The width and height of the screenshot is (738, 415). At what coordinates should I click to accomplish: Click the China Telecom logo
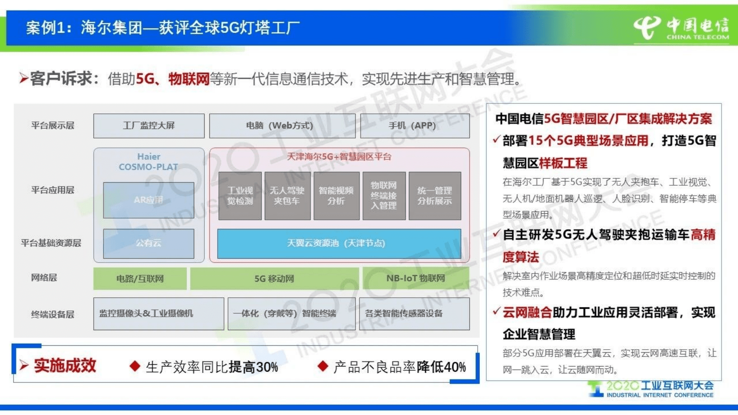tap(681, 28)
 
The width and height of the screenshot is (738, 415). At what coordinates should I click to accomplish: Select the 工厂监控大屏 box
tap(149, 126)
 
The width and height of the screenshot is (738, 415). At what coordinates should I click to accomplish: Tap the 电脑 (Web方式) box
tap(282, 126)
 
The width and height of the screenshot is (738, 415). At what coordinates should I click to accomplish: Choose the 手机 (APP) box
tap(414, 126)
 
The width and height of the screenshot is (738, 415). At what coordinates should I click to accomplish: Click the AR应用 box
tap(148, 200)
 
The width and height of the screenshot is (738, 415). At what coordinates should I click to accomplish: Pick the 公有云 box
tap(148, 243)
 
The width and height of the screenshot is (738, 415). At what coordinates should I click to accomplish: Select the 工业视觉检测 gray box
tap(240, 196)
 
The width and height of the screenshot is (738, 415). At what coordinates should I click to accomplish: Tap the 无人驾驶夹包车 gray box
tap(287, 196)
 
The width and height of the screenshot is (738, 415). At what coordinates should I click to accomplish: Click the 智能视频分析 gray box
tap(336, 196)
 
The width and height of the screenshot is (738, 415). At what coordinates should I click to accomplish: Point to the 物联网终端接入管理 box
tap(384, 196)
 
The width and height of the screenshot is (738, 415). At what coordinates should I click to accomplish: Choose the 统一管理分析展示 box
tap(434, 196)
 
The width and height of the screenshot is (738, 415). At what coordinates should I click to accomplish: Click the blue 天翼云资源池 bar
tap(339, 244)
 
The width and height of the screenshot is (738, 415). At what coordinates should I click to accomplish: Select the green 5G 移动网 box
tap(274, 279)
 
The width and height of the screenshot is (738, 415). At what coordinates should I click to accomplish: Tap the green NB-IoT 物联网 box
tap(415, 278)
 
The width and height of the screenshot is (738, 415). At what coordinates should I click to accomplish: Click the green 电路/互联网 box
tap(140, 279)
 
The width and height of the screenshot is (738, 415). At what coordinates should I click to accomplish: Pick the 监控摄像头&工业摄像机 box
tap(158, 314)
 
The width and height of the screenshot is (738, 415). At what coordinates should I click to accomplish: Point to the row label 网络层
tap(44, 278)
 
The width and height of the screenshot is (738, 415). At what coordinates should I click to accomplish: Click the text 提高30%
tap(253, 367)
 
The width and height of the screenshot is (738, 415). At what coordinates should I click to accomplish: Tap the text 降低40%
tap(441, 367)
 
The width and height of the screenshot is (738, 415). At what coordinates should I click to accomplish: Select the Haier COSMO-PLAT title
tap(148, 162)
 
